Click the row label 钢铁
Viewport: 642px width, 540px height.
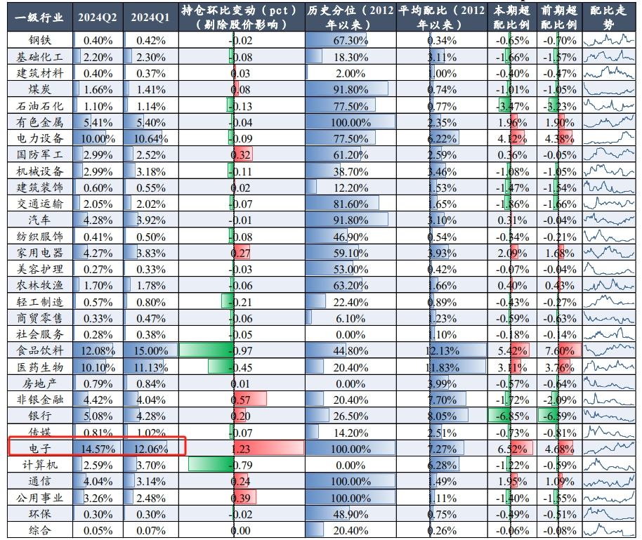click(x=40, y=40)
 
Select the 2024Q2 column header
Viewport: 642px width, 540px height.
click(x=98, y=18)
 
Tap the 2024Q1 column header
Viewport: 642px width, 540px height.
click(x=150, y=18)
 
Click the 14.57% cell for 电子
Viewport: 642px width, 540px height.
click(x=98, y=449)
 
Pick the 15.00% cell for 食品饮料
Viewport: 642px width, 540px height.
click(x=151, y=351)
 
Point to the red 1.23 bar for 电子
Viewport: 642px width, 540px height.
click(x=268, y=448)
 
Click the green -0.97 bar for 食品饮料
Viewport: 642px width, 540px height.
click(x=207, y=350)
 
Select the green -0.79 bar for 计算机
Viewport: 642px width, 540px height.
click(x=211, y=465)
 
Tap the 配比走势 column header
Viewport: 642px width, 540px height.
click(x=608, y=17)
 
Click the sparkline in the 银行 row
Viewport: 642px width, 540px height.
click(x=609, y=416)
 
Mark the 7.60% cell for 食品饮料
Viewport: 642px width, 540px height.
click(x=560, y=351)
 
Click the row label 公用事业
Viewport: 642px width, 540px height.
click(x=40, y=498)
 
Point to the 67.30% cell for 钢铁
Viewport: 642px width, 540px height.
click(x=351, y=41)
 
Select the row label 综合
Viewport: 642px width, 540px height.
click(x=40, y=530)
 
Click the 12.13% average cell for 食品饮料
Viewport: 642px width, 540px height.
click(x=443, y=351)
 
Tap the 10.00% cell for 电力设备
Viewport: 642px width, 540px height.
click(x=98, y=139)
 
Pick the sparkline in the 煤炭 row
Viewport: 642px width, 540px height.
click(x=609, y=89)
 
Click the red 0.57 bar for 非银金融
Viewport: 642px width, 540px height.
click(x=250, y=399)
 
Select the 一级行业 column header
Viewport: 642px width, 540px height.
click(x=40, y=18)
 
